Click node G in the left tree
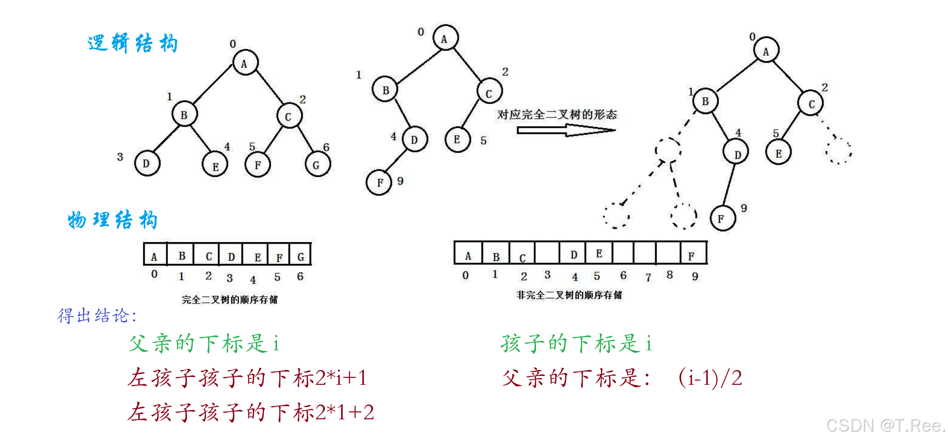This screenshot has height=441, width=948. click(317, 164)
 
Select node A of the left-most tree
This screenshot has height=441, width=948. click(245, 63)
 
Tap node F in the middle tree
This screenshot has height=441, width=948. click(379, 183)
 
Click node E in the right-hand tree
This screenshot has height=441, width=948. click(778, 153)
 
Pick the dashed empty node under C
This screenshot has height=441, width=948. click(839, 150)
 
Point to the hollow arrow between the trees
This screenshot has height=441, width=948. click(566, 130)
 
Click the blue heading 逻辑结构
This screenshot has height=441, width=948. click(132, 43)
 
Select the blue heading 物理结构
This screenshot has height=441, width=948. click(113, 220)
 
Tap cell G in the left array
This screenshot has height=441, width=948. click(300, 255)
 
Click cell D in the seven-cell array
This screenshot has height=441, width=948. click(231, 255)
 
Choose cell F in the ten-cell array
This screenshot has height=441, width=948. click(693, 254)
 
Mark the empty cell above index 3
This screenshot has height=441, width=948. click(547, 253)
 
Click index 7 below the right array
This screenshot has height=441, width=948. click(648, 277)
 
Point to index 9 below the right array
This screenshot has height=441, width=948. click(695, 277)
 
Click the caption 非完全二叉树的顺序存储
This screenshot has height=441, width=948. click(569, 295)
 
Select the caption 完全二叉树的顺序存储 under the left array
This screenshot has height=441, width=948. click(230, 299)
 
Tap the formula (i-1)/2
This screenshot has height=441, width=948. click(710, 378)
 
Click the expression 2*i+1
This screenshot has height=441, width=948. click(341, 378)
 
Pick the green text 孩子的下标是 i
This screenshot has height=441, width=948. click(576, 343)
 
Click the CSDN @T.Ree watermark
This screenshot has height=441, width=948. click(885, 425)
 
